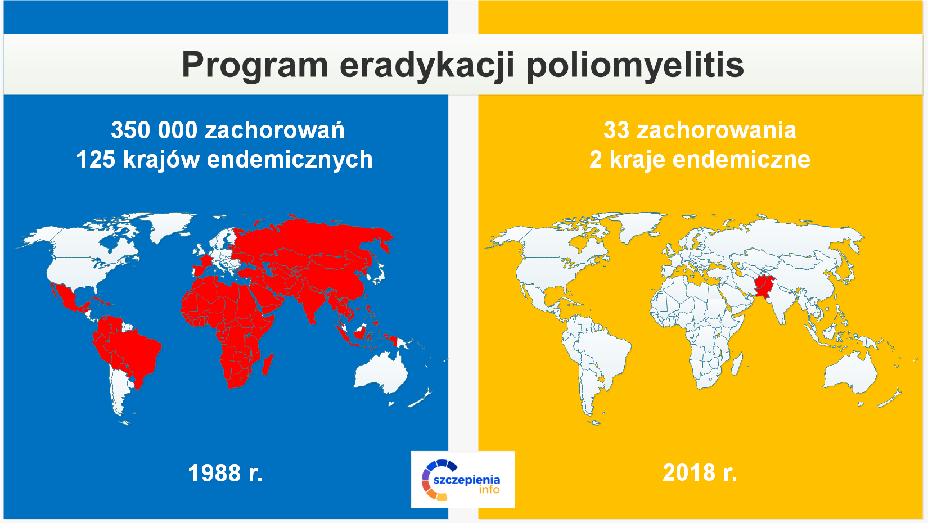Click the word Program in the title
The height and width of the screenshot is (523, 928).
255,65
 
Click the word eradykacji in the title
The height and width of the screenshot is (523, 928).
427,65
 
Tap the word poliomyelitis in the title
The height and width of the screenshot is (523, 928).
636,65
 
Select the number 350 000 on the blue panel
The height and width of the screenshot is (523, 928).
154,130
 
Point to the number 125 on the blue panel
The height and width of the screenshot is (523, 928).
95,159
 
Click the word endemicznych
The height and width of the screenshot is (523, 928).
290,160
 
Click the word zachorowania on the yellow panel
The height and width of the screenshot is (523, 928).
717,130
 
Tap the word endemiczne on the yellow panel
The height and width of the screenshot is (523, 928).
741,160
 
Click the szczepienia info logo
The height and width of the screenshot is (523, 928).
463,480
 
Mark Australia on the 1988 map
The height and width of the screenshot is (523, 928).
381,373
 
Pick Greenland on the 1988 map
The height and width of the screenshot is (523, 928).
169,226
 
